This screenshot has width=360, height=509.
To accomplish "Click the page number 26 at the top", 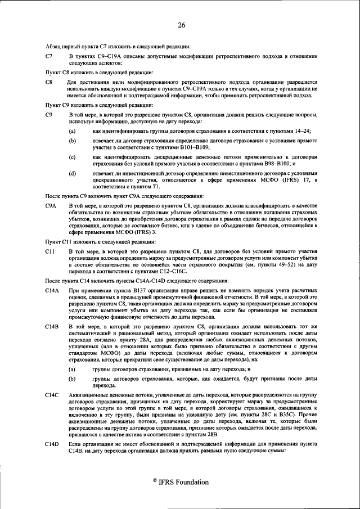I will click(181, 25).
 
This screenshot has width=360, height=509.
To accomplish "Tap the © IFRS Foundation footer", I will click(180, 482).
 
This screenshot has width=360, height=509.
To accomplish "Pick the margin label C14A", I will click(52, 290).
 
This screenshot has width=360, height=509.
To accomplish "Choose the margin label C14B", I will click(52, 326).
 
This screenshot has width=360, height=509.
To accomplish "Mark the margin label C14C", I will click(52, 398).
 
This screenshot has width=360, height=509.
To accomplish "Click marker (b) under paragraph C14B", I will click(73, 380).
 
